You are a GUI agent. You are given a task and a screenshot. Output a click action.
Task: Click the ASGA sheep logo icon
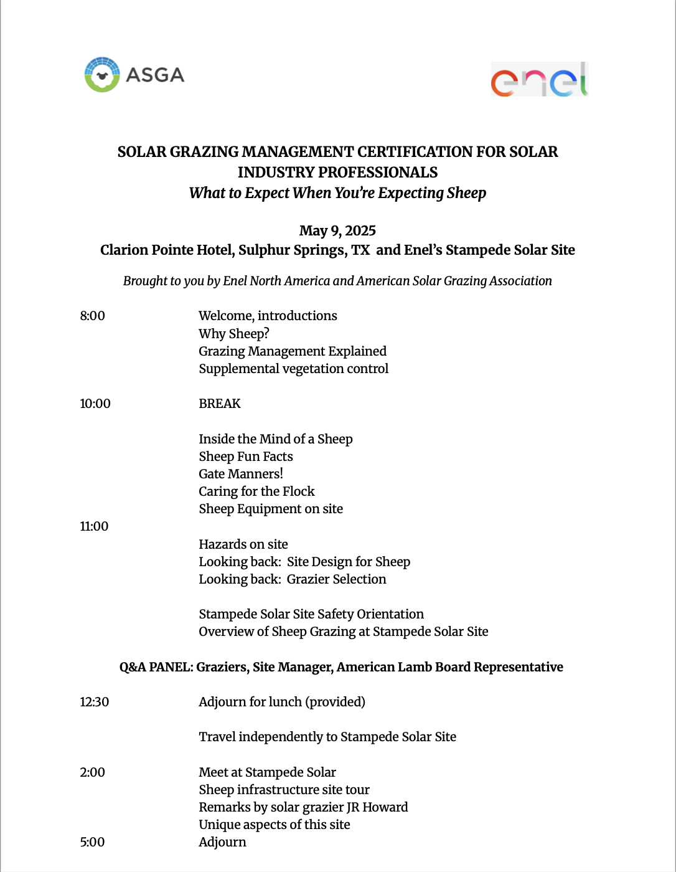(102, 75)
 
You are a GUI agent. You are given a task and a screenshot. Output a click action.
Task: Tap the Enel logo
(539, 80)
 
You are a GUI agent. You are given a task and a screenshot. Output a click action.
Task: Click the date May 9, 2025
(337, 231)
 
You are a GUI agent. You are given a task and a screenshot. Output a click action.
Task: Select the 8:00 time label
(92, 316)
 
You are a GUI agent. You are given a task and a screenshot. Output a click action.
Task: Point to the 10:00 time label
(95, 404)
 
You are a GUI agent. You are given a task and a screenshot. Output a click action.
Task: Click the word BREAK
(219, 404)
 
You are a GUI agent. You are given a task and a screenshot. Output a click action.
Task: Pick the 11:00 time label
(94, 526)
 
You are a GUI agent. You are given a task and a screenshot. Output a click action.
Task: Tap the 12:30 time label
(94, 702)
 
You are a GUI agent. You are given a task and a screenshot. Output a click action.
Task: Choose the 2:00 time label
(92, 772)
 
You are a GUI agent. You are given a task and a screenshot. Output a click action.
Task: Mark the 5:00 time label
(92, 842)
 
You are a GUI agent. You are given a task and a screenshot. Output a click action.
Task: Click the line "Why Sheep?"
(233, 334)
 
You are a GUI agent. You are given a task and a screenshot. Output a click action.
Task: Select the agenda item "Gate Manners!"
(241, 474)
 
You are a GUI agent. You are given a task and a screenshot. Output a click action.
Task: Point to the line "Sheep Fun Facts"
(245, 457)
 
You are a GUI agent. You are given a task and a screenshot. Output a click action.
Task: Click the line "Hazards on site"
(243, 544)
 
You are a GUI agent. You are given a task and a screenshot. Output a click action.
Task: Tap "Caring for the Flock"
(256, 491)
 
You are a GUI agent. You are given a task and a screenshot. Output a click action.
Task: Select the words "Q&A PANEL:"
(156, 667)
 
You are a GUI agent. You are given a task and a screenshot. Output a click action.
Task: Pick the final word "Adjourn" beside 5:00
(222, 842)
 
